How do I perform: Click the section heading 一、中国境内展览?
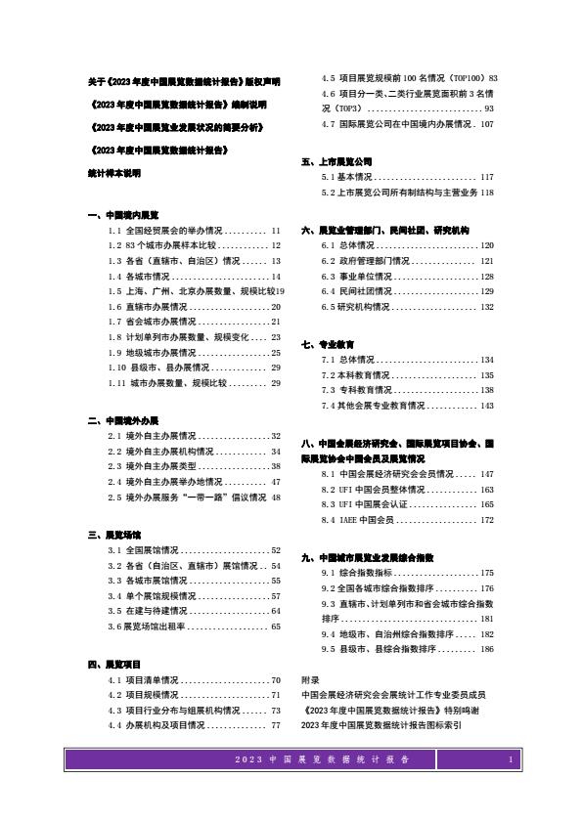pos(122,214)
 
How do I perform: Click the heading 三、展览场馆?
pos(114,535)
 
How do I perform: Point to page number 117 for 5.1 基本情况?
pos(487,177)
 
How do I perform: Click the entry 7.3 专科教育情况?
pos(359,390)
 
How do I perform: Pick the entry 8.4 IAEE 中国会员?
pos(358,520)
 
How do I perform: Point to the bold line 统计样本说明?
pos(113,172)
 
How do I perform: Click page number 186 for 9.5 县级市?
pos(487,649)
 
